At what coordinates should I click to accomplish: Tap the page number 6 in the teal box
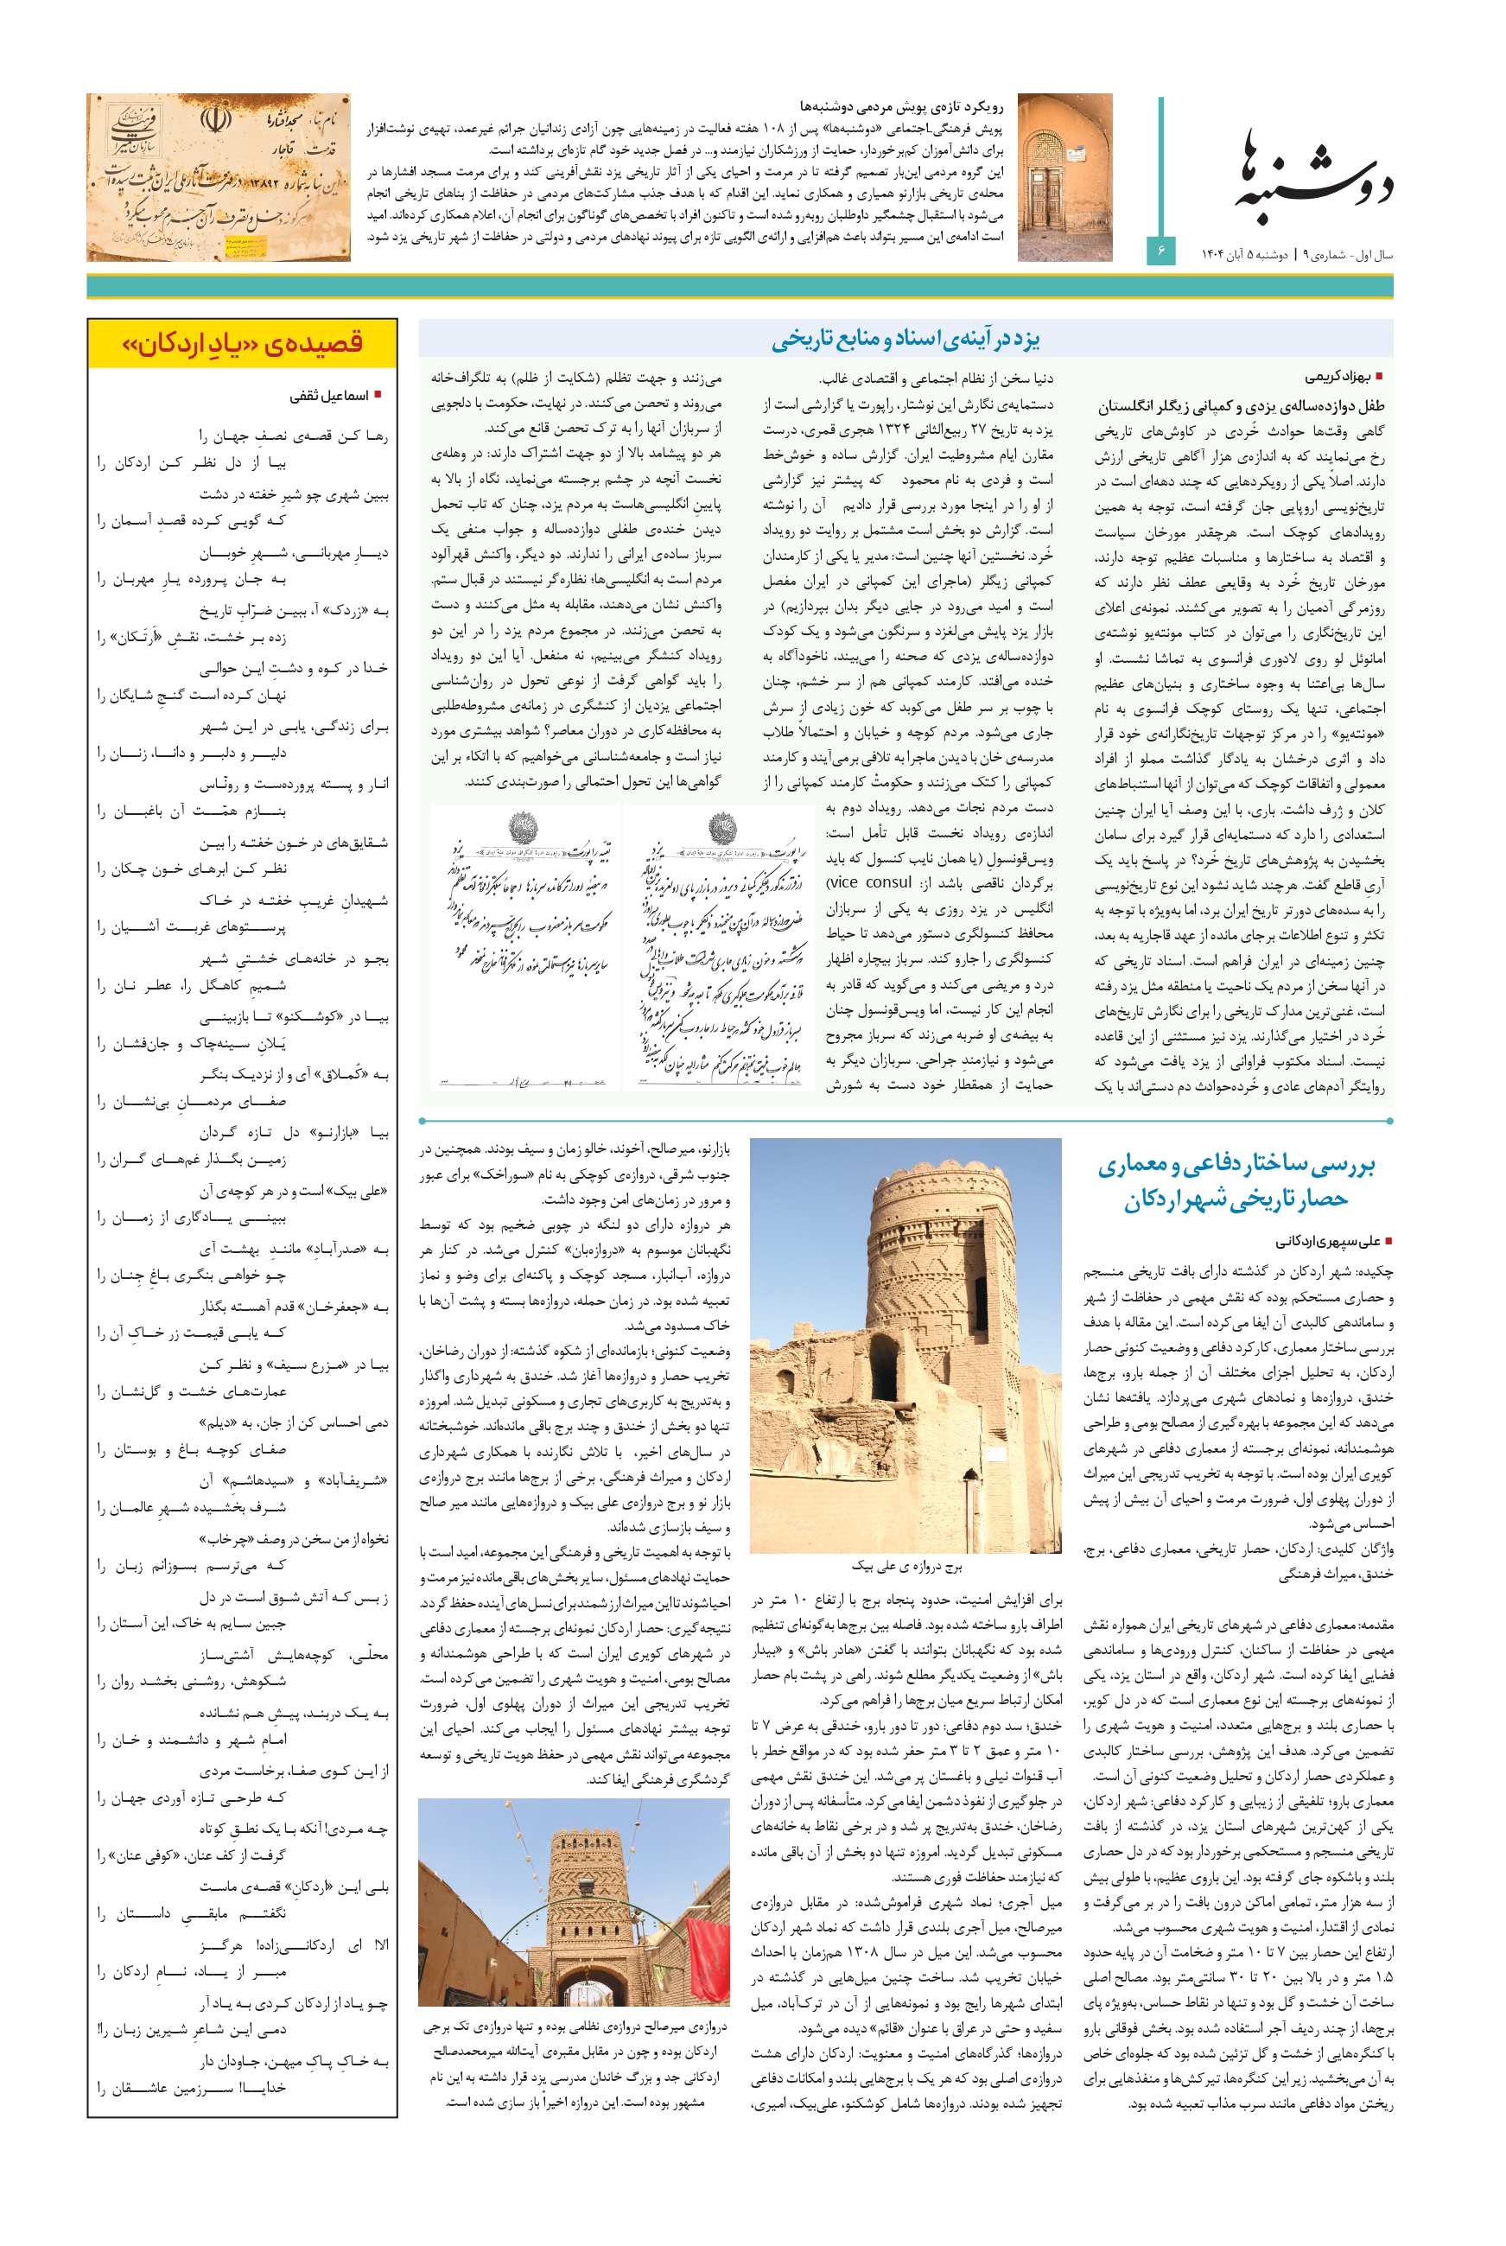[x=1161, y=251]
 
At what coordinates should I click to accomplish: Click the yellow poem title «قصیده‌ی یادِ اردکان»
[x=242, y=344]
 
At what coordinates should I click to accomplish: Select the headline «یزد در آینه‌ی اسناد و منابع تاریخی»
[x=905, y=339]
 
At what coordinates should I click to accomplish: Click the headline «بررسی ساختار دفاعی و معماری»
[x=1236, y=1165]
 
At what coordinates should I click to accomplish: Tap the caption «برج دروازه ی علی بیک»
[x=906, y=1566]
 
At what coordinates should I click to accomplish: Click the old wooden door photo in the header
[x=1064, y=177]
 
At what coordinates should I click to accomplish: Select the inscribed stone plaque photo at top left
[x=218, y=177]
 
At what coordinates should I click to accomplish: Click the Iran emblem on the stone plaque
[x=213, y=120]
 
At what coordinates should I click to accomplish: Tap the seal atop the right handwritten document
[x=721, y=827]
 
